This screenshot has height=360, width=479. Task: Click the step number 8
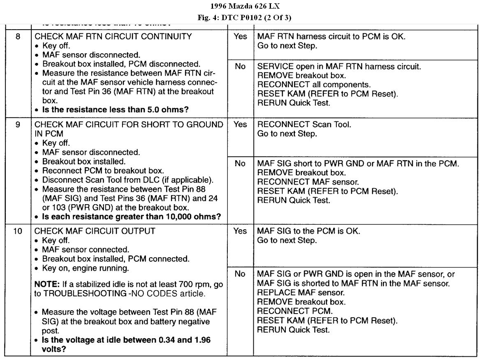pyautogui.click(x=18, y=37)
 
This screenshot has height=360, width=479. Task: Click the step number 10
pyautogui.click(x=18, y=231)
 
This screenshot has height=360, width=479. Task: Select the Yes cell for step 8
pyautogui.click(x=240, y=37)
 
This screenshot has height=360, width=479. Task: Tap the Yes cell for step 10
pyautogui.click(x=240, y=231)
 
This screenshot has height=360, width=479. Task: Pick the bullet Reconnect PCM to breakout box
pyautogui.click(x=94, y=170)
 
